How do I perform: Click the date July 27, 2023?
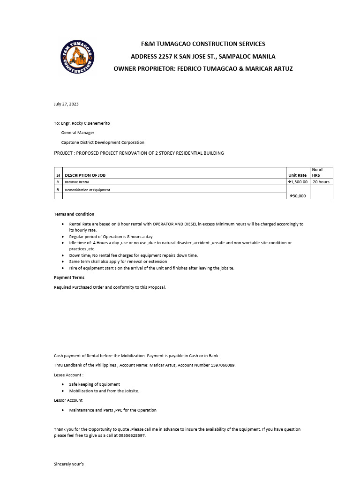[x=66, y=104]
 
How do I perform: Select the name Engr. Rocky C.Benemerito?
[x=85, y=123]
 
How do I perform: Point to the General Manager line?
[x=78, y=133]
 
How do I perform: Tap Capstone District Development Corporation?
[x=103, y=142]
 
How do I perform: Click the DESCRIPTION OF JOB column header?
[x=85, y=175]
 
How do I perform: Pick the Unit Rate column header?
[x=297, y=175]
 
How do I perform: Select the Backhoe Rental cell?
[x=77, y=182]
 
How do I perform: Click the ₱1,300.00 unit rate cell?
[x=298, y=182]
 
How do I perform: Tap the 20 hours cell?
[x=321, y=182]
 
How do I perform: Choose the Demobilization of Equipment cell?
[x=87, y=190]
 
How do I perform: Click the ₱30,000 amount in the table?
[x=298, y=196]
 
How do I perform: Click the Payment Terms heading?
[x=69, y=277]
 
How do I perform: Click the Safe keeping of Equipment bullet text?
[x=94, y=384]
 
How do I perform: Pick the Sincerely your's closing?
[x=69, y=464]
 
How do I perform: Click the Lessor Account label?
[x=68, y=400]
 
